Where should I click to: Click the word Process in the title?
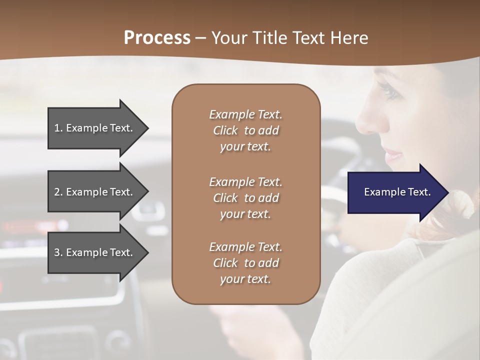pyautogui.click(x=157, y=38)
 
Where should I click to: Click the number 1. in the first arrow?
pyautogui.click(x=58, y=128)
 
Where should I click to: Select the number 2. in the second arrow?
pyautogui.click(x=58, y=192)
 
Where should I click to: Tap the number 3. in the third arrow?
pyautogui.click(x=58, y=252)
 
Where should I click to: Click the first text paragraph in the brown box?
pyautogui.click(x=245, y=130)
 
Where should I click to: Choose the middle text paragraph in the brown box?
pyautogui.click(x=245, y=198)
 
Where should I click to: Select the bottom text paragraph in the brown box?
pyautogui.click(x=245, y=263)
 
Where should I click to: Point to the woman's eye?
pyautogui.click(x=387, y=91)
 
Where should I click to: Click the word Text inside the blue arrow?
pyautogui.click(x=419, y=192)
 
